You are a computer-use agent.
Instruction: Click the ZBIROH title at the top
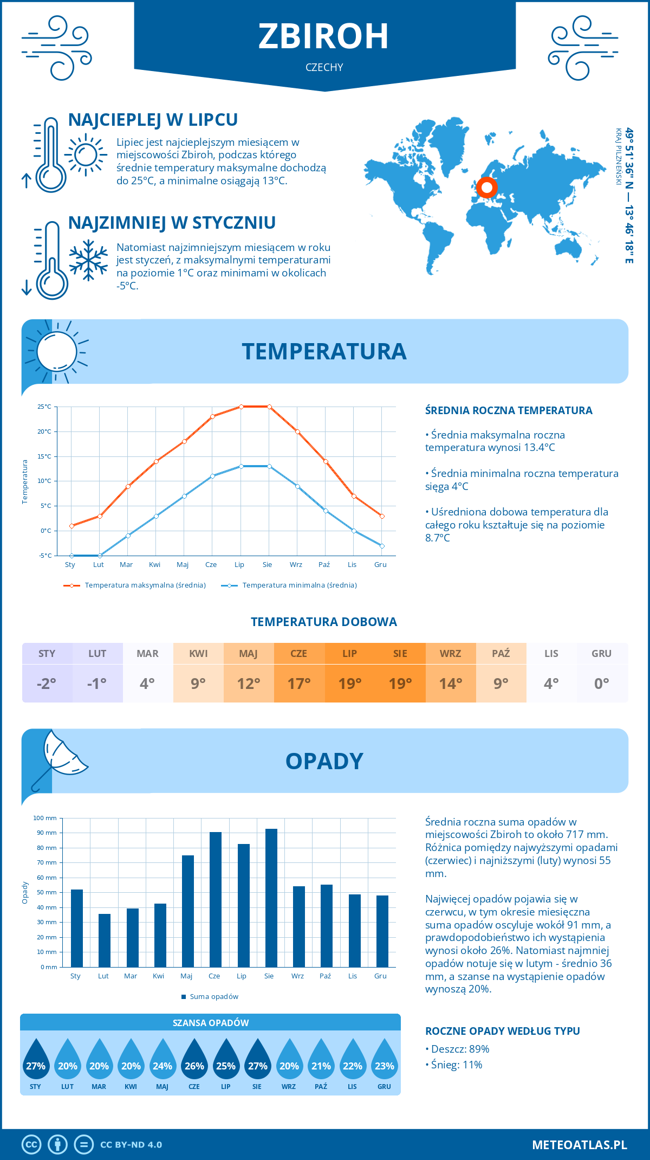pos(323,37)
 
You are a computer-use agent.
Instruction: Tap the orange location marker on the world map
pos(486,188)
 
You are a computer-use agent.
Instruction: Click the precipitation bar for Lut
pos(105,940)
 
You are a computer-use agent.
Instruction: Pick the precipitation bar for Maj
pos(188,911)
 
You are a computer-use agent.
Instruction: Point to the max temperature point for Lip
pos(241,407)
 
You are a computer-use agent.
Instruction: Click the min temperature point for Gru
pos(382,546)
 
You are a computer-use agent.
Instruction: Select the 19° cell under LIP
pos(350,683)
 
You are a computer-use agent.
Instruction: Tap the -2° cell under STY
pos(47,683)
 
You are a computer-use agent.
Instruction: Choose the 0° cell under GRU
pos(601,683)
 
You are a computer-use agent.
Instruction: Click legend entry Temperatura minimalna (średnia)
pos(299,585)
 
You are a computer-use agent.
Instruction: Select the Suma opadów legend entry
pos(214,997)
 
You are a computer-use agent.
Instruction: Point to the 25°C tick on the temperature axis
pos(44,407)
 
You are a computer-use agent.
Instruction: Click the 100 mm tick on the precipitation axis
pos(45,818)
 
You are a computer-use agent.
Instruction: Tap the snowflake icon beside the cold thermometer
pos(88,260)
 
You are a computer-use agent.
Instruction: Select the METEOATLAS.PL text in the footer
pos(580,1145)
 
